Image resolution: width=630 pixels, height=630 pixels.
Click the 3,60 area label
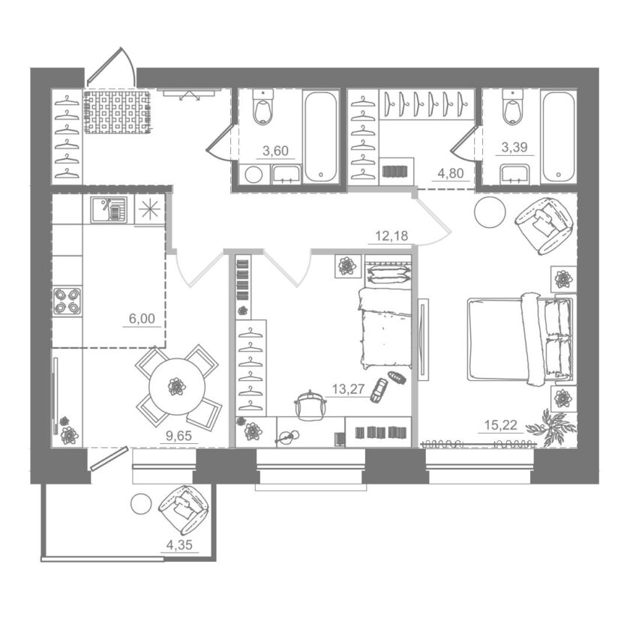tap(275, 151)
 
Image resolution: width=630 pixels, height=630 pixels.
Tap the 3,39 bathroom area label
tap(514, 148)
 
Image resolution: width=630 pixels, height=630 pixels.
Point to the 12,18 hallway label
tap(391, 235)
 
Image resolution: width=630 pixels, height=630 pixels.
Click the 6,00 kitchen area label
tap(142, 319)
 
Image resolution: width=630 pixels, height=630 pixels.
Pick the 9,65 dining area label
tap(178, 436)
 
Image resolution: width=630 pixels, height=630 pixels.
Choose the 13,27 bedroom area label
tap(348, 389)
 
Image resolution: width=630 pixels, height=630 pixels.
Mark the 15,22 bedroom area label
tap(501, 424)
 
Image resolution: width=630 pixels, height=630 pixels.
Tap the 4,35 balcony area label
tap(179, 545)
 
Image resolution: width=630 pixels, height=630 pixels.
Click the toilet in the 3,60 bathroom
tap(262, 106)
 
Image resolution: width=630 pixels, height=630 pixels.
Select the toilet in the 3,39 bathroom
tap(513, 106)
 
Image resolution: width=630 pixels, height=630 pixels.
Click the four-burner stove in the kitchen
tap(67, 301)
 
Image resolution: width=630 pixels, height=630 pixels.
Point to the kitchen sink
tap(109, 209)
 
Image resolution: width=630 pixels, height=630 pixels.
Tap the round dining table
tap(177, 386)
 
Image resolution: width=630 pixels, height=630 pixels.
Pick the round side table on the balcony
tap(142, 503)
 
